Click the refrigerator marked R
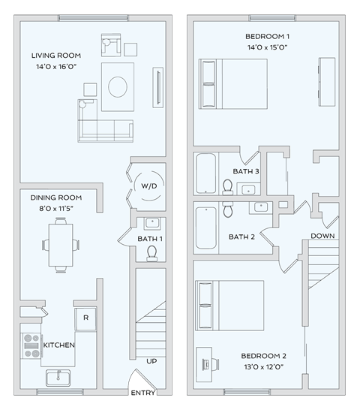click(85, 318)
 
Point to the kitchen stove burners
click(31, 345)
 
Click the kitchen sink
click(58, 377)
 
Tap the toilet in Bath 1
click(151, 252)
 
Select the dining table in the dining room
click(63, 244)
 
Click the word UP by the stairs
click(151, 361)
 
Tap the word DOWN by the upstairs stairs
click(322, 237)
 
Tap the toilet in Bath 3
click(228, 187)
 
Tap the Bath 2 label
click(242, 237)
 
